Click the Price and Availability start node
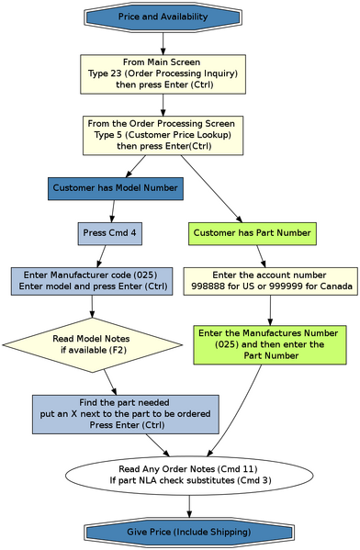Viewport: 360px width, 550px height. (163, 17)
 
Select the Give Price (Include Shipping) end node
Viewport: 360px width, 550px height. (188, 533)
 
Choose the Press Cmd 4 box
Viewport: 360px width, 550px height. (109, 233)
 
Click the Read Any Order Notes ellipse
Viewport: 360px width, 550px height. (188, 474)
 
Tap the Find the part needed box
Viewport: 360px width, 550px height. (125, 414)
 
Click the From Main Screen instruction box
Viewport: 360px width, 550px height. (163, 73)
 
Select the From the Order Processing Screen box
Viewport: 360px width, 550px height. (163, 133)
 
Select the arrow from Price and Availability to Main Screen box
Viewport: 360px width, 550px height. (163, 41)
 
